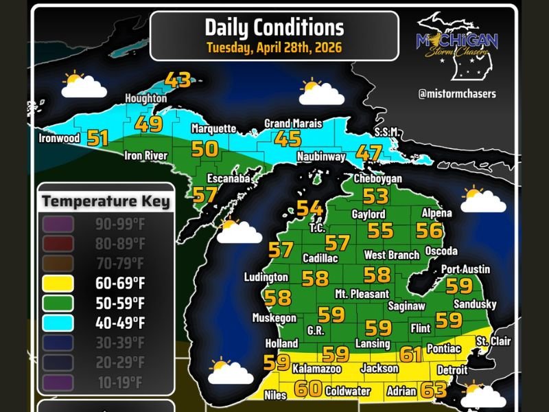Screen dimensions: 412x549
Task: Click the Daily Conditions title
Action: pos(274,27)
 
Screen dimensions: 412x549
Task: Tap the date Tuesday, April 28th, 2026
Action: pos(274,48)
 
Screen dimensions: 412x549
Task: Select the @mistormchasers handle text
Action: pos(456,93)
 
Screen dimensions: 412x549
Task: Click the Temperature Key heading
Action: pos(106,202)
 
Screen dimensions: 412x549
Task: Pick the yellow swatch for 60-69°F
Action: pos(60,282)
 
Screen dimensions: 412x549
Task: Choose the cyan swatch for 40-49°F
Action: pos(60,321)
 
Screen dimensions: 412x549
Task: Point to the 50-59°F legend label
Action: pos(120,301)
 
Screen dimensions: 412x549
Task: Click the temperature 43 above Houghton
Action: pos(178,80)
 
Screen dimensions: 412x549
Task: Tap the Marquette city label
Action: pos(213,128)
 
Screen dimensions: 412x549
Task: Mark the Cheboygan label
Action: pos(377,179)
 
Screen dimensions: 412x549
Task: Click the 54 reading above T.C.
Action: pos(309,208)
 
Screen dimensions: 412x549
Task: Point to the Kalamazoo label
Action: pos(316,369)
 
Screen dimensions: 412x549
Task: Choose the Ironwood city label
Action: pos(60,138)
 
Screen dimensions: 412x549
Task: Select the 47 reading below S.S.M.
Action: pos(369,152)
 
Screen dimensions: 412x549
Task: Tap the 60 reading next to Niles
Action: pos(308,389)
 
